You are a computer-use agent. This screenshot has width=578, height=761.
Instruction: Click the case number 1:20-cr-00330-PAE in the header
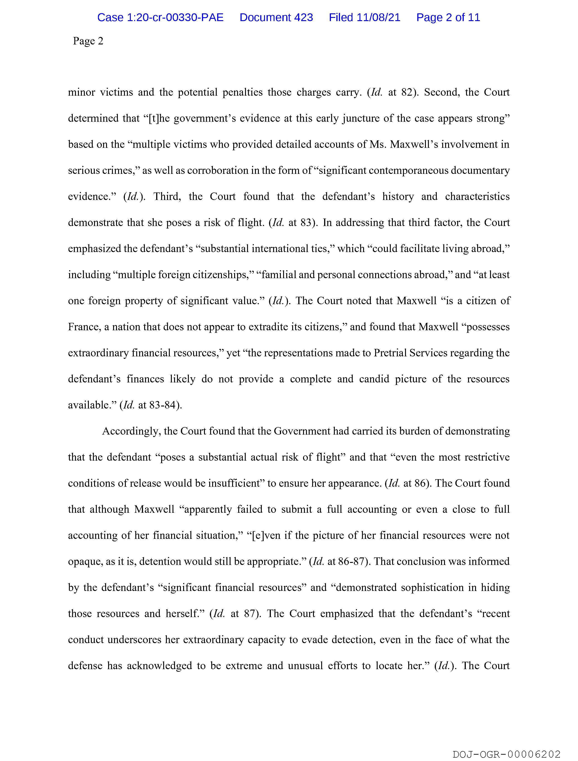160,17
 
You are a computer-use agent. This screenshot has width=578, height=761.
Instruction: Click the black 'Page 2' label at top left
88,41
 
